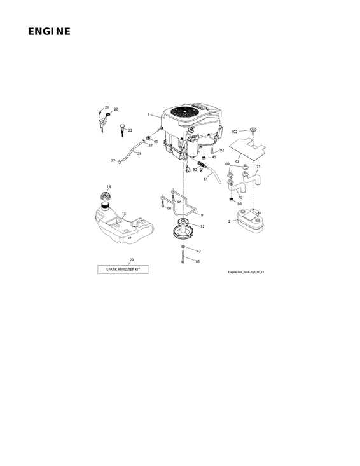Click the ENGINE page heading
[x=49, y=32]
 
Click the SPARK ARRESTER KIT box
[x=123, y=270]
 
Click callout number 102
[x=234, y=132]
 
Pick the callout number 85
[x=197, y=261]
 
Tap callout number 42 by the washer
[x=198, y=251]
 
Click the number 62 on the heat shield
[x=237, y=161]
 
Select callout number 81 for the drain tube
[x=205, y=179]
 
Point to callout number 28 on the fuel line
[x=139, y=154]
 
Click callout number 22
[x=130, y=130]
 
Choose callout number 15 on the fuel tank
[x=123, y=214]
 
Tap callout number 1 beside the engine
[x=148, y=115]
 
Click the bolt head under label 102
[x=252, y=131]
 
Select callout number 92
[x=222, y=151]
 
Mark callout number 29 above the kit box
[x=131, y=260]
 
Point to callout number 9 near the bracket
[x=202, y=216]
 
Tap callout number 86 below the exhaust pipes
[x=239, y=204]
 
